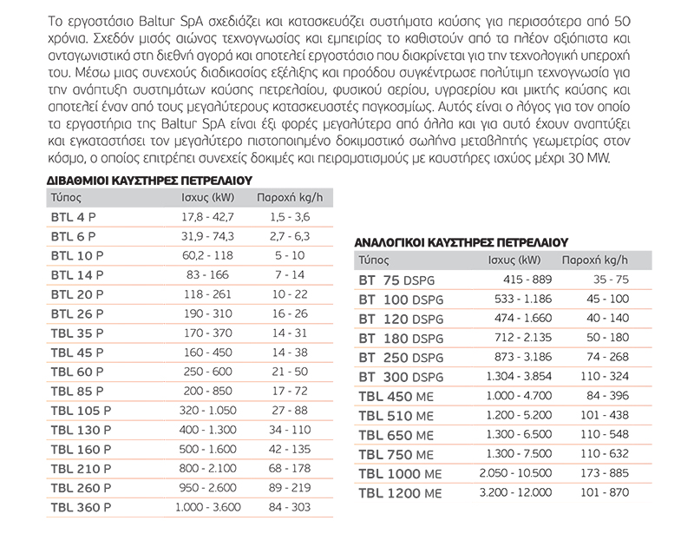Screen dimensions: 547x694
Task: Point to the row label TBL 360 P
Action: point(82,506)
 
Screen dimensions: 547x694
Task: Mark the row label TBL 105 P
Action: point(82,410)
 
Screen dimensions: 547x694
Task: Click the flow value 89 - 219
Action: point(289,487)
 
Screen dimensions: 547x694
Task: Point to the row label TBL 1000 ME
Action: point(401,474)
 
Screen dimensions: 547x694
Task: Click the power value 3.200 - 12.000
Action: point(514,493)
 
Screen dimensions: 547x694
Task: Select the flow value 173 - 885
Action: point(604,474)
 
